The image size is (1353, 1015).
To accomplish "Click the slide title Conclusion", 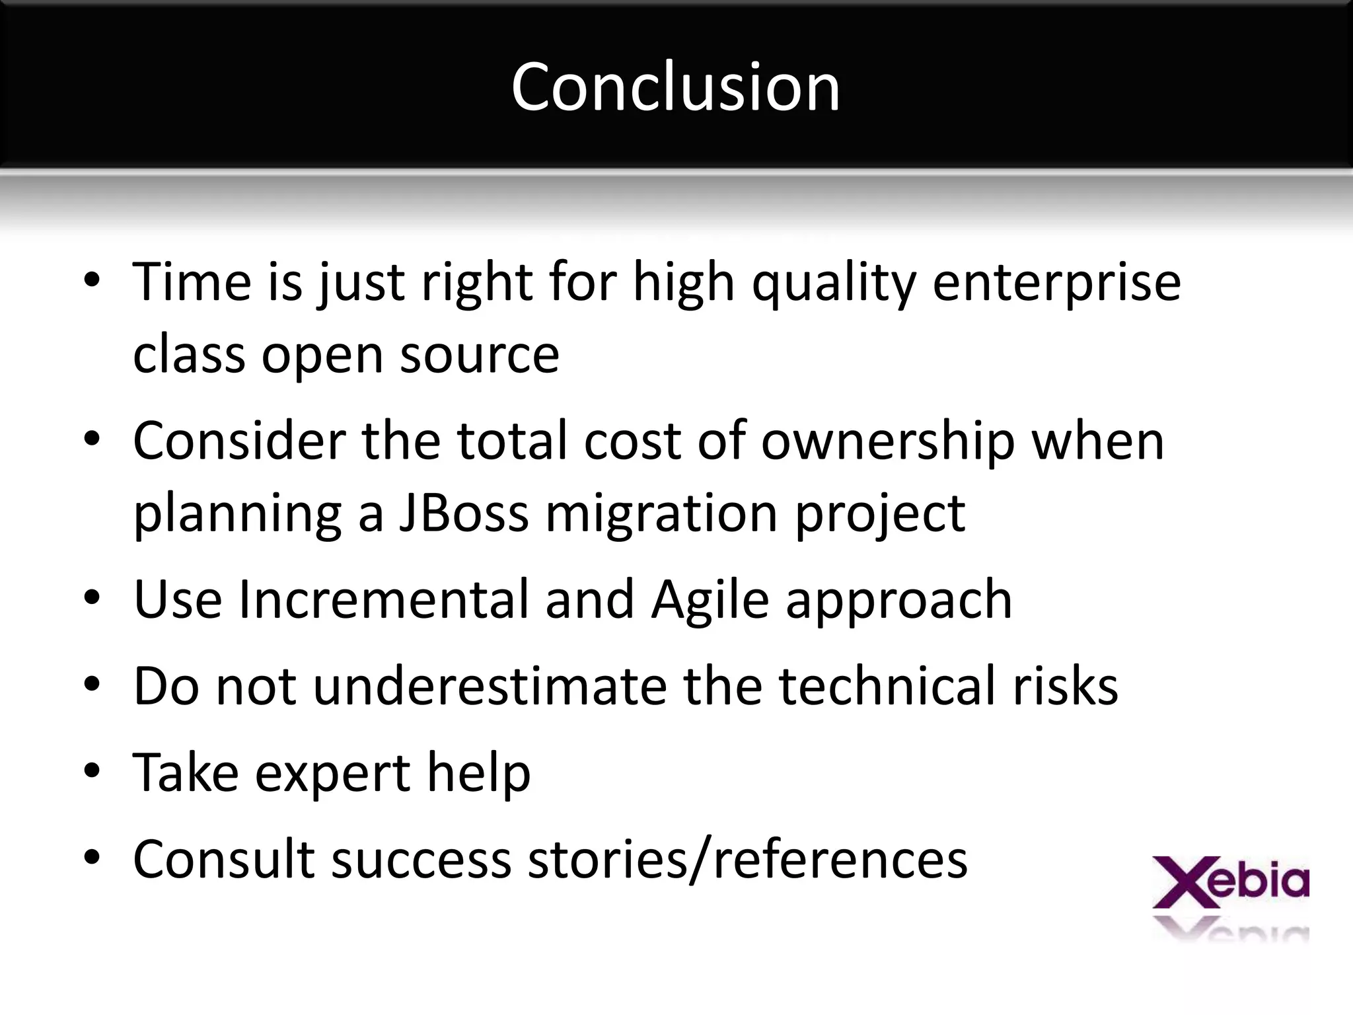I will [675, 87].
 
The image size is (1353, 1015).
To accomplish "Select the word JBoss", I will [464, 513].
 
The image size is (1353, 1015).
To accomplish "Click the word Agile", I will [710, 599].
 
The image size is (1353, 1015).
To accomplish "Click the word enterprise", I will [1056, 282].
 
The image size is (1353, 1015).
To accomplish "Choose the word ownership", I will [887, 441].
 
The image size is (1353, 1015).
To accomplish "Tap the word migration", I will [662, 513].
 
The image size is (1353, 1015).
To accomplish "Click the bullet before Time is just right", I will [92, 280].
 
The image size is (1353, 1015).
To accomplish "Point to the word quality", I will [834, 282].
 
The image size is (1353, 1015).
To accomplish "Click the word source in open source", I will [480, 355].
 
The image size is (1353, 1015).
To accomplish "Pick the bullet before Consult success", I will [92, 857].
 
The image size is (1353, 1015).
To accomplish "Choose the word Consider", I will [239, 441].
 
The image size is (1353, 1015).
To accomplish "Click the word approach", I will [898, 599].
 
